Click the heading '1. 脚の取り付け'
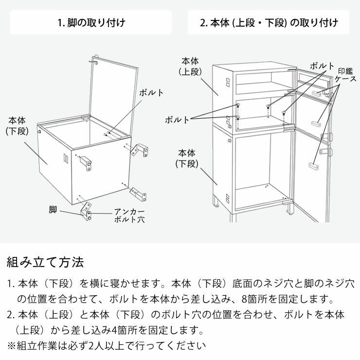click(x=91, y=22)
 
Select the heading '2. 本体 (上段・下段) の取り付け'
click(x=269, y=22)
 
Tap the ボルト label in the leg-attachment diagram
click(x=151, y=92)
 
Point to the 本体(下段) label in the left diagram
click(x=19, y=125)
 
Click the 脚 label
click(x=53, y=210)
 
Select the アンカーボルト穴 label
click(x=128, y=215)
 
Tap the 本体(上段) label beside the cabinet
click(x=190, y=66)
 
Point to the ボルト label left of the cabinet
click(x=178, y=119)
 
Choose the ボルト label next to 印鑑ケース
click(x=322, y=66)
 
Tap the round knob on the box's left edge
click(x=38, y=132)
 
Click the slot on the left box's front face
click(x=64, y=159)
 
